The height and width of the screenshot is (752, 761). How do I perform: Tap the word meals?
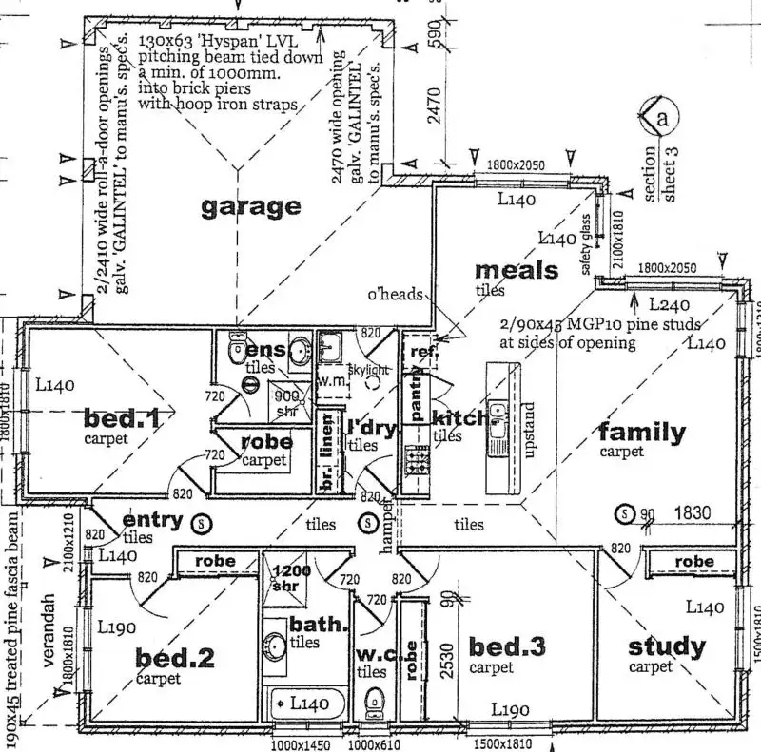coord(517,270)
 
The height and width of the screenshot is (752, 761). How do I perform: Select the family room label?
coord(641,433)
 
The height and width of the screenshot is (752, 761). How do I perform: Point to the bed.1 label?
coord(121,417)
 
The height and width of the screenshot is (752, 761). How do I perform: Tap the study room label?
coord(667,647)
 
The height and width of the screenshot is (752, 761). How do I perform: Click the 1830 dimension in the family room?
coord(695,513)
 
